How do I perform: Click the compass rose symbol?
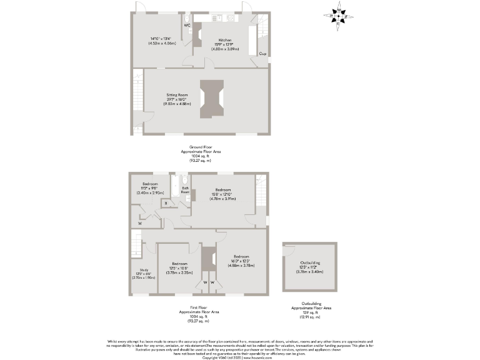pyautogui.click(x=338, y=14)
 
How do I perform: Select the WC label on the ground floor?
pyautogui.click(x=187, y=25)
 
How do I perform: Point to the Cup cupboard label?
pyautogui.click(x=262, y=54)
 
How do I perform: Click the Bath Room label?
pyautogui.click(x=185, y=191)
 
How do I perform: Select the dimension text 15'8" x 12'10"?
pyautogui.click(x=224, y=194)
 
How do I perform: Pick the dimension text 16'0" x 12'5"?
pyautogui.click(x=242, y=261)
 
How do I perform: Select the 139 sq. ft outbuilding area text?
pyautogui.click(x=311, y=312)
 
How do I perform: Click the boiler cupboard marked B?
pyautogui.click(x=166, y=202)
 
